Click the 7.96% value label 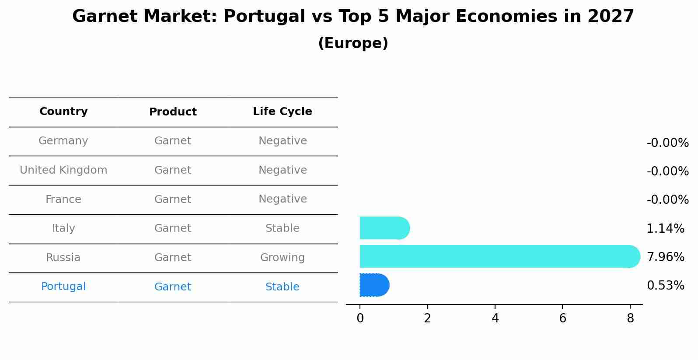tap(665, 257)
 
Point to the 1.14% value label tap(665, 228)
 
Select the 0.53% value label tap(665, 286)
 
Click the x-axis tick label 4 tap(495, 318)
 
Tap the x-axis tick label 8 tap(630, 318)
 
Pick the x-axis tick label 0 tap(360, 318)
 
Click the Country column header tap(63, 112)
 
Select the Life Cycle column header tap(282, 112)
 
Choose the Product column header tap(173, 112)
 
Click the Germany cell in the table tap(63, 141)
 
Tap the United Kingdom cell tap(63, 170)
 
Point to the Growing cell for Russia tap(282, 258)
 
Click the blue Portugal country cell tap(63, 287)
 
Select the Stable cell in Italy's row tap(282, 228)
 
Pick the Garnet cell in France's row tap(173, 199)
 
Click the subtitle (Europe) tap(353, 43)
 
